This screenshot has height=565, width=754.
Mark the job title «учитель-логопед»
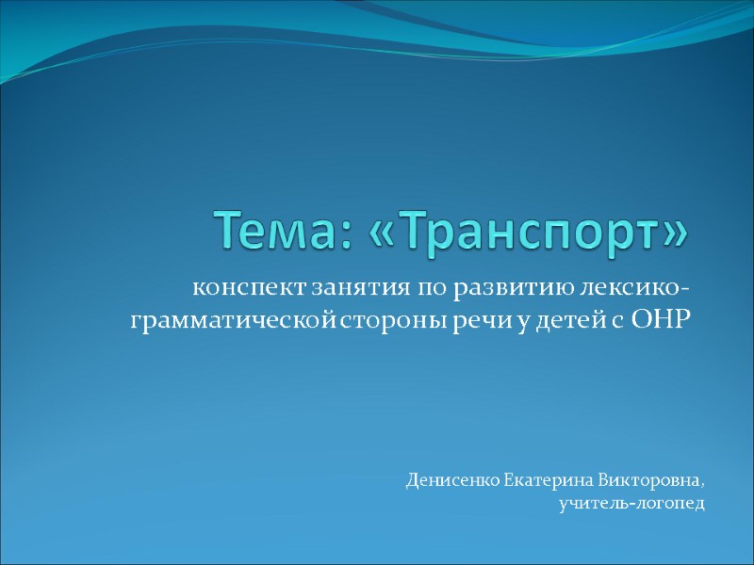[x=631, y=505]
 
